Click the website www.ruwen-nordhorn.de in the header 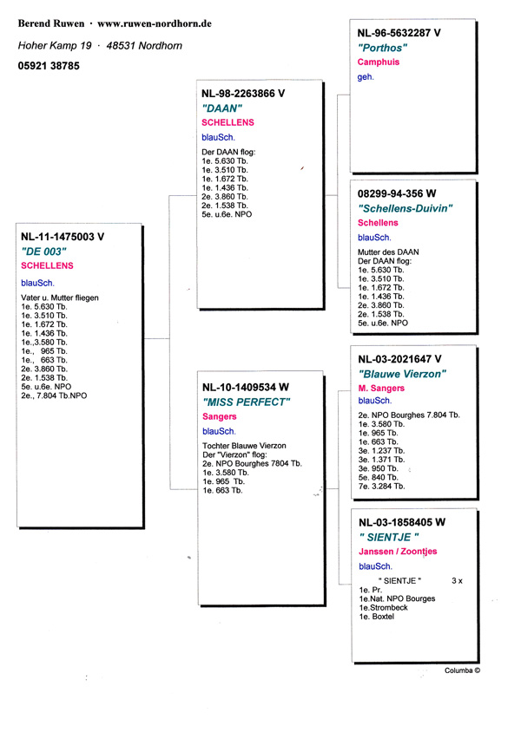155,23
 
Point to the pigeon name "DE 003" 43,251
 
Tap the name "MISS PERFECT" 246,402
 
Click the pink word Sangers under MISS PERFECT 219,417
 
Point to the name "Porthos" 382,48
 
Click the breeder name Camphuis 381,62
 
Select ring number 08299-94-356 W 397,193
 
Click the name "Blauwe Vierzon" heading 402,373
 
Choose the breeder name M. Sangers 381,388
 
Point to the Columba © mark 462,670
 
